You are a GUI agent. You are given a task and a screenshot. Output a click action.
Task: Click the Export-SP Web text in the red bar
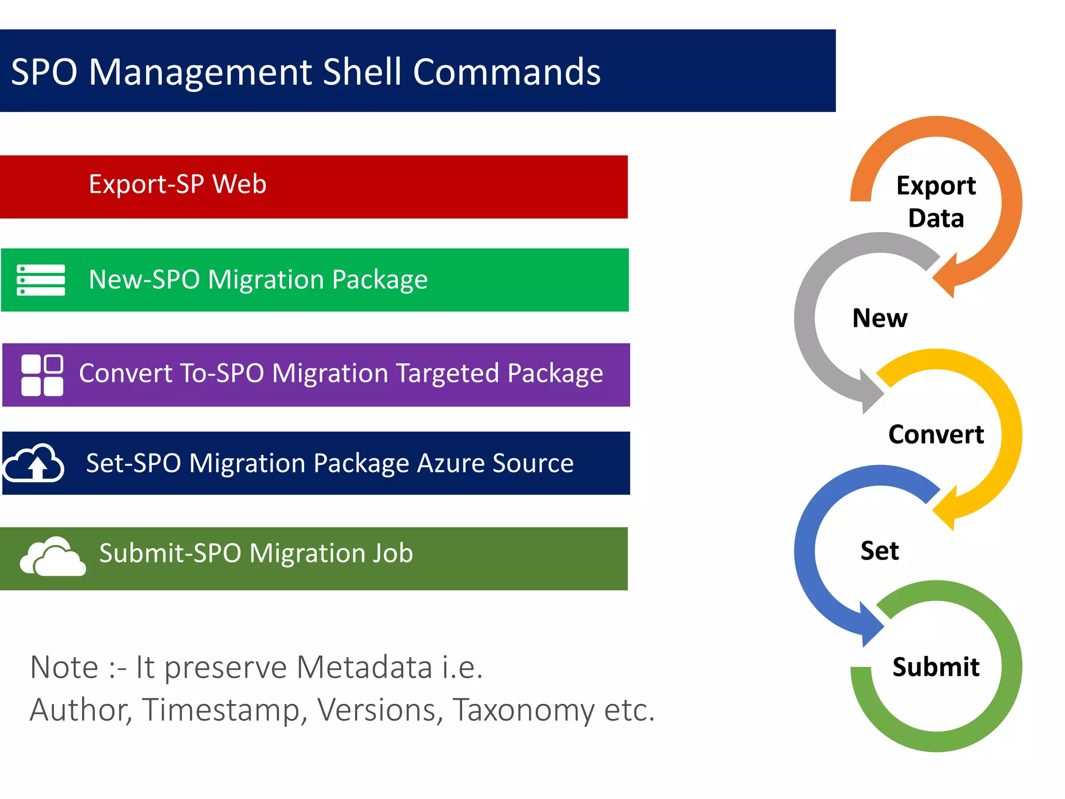(x=177, y=184)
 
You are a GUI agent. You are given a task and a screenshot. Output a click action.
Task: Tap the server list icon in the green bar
(x=41, y=280)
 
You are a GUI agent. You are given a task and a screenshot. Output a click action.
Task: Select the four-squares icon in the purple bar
(x=42, y=375)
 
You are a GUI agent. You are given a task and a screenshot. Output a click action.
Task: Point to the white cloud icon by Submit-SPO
(x=53, y=557)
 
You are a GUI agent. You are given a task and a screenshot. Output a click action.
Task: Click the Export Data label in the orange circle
(x=936, y=202)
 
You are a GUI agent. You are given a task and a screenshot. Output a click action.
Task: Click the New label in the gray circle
(x=880, y=318)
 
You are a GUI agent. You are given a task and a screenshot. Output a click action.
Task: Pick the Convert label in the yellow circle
(x=936, y=434)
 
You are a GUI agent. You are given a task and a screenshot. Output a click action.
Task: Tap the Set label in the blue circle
(x=879, y=550)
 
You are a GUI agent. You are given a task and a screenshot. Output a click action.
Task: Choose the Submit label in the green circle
(x=936, y=667)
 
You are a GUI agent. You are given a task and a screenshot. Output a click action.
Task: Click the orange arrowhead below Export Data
(x=946, y=276)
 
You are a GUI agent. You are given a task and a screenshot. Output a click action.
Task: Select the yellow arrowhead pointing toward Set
(x=946, y=509)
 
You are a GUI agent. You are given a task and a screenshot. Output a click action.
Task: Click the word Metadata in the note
(x=365, y=667)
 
